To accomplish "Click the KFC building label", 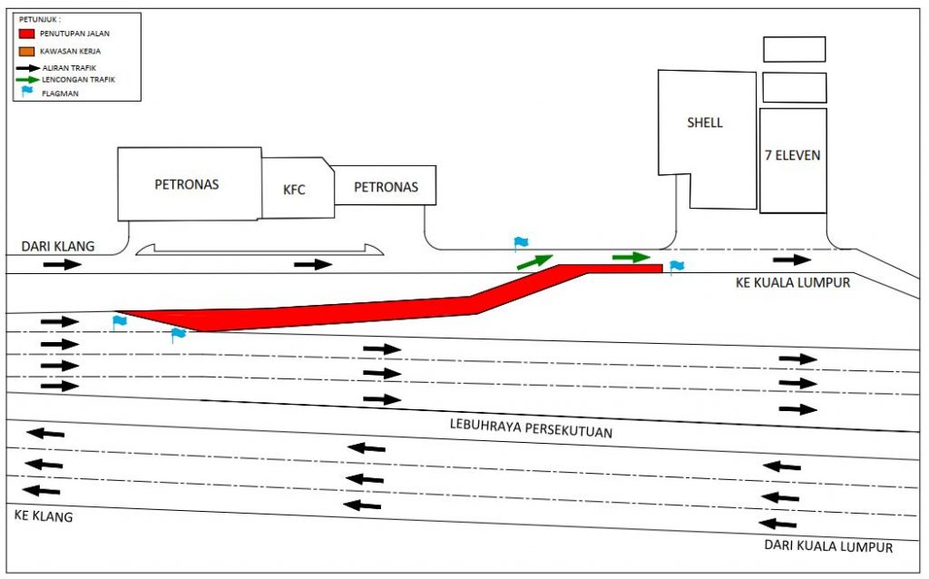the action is point(294,190).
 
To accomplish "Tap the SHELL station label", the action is point(704,123).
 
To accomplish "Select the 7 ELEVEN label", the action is point(793,155).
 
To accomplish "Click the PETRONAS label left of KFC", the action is point(187,184).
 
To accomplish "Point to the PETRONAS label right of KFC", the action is point(386,187).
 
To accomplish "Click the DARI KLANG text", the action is point(58,247).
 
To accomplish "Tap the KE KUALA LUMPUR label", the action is point(793,282).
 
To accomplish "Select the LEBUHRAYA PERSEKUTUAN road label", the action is point(531,427).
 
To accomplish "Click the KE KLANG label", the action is point(44,515).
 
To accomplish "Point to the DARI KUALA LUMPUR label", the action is point(828,545).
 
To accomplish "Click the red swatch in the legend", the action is point(26,34).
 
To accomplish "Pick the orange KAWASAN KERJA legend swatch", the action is point(26,52).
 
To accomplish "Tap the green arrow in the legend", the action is point(27,80).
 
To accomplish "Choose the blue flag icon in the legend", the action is point(26,92).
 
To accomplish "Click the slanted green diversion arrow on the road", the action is point(535,261).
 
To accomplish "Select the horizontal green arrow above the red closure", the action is point(631,257).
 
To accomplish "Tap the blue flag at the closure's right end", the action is point(676,268).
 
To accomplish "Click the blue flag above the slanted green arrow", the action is point(521,243).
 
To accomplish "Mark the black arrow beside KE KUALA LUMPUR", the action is point(792,260).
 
